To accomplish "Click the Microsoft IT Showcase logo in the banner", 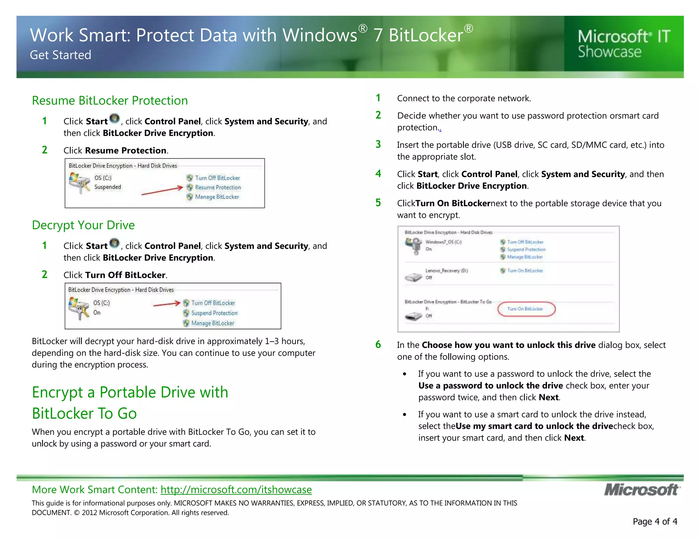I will coord(624,44).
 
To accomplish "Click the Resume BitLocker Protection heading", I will coord(110,101).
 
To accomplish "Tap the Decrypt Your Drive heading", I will coord(83,225).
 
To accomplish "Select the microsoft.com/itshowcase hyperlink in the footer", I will coord(236,490).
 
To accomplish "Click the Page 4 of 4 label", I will coord(655,522).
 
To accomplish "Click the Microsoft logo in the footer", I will coord(642,490).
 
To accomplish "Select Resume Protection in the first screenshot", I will coord(218,187).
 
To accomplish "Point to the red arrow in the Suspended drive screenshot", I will coord(162,191).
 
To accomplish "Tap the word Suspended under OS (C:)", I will coord(108,187).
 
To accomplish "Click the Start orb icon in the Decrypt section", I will coord(115,244).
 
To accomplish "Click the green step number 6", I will coord(378,344).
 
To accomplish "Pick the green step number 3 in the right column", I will coord(378,144).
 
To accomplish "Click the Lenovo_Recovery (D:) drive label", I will coord(446,271).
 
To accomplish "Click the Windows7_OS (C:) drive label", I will coord(443,242).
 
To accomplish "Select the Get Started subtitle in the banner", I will coord(60,55).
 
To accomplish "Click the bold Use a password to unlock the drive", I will coord(490,386).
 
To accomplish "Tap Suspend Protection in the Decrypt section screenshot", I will coord(214,313).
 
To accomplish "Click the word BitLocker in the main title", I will coord(426,35).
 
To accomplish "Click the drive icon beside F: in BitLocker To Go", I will coord(413,316).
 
